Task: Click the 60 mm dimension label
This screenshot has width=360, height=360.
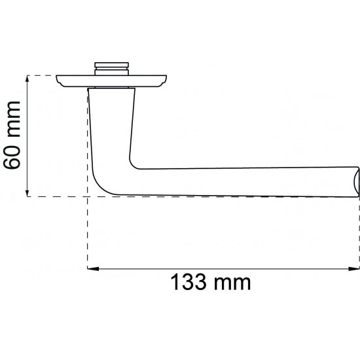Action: [x=12, y=135]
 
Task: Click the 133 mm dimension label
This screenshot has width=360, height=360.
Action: [x=211, y=282]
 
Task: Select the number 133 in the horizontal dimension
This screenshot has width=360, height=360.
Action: [x=188, y=282]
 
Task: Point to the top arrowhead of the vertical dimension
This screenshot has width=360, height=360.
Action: [x=27, y=79]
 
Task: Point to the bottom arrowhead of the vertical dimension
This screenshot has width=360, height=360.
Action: [x=27, y=193]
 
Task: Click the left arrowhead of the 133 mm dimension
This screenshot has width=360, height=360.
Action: [x=93, y=268]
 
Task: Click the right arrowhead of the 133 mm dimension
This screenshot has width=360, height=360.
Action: [x=354, y=268]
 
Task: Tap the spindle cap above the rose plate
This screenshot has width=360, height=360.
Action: [x=111, y=69]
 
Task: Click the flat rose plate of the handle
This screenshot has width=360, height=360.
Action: [x=111, y=81]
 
